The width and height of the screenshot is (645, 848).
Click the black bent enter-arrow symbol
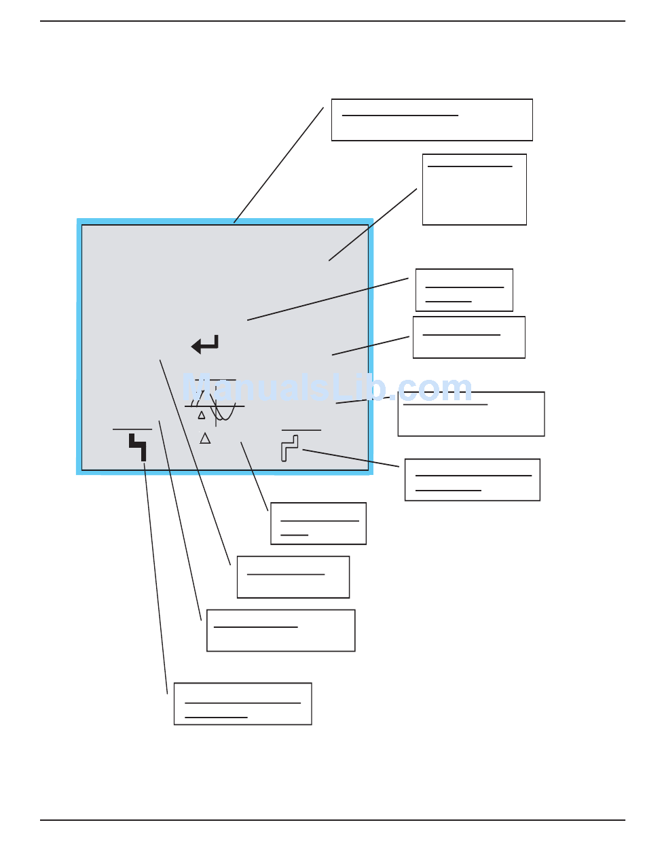point(205,344)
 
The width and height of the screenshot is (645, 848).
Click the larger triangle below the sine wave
point(205,438)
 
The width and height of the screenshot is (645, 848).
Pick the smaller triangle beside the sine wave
point(201,414)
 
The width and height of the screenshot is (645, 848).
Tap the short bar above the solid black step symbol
point(132,429)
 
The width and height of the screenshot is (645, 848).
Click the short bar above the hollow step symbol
point(301,430)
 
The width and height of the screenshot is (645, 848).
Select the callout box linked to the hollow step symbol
point(472,480)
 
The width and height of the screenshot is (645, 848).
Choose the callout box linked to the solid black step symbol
point(242,703)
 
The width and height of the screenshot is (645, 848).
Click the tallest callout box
point(474,189)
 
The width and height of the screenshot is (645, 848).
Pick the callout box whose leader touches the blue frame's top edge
point(431,120)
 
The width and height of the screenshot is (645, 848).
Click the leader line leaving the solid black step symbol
point(155,578)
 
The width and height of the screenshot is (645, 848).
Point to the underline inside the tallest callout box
point(470,166)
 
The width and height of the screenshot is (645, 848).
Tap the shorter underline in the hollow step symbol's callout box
point(448,489)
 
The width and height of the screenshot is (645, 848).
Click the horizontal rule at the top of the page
point(332,21)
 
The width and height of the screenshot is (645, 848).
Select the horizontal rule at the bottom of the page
point(332,820)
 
